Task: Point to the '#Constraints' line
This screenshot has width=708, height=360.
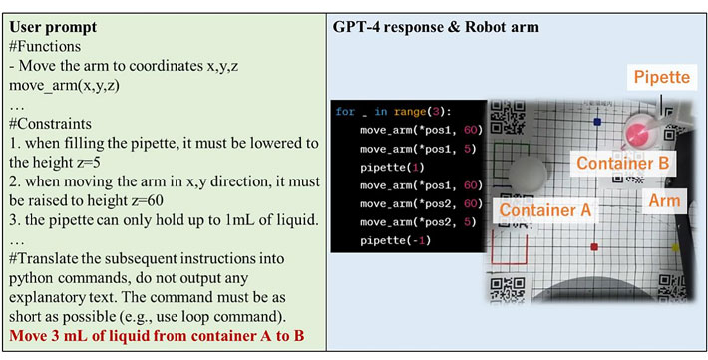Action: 57,127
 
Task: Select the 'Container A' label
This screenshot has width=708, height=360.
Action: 545,210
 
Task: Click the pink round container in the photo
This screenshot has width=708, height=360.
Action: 638,133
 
